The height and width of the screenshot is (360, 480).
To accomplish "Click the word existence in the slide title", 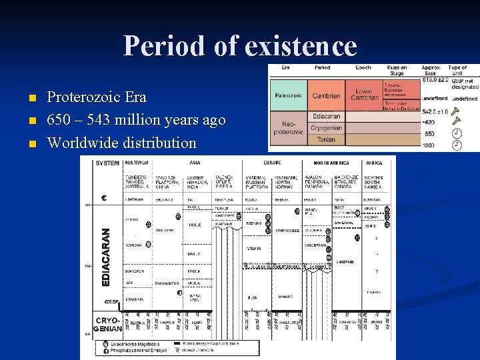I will coord(301,46).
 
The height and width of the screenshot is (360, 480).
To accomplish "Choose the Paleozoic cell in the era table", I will coord(288,95).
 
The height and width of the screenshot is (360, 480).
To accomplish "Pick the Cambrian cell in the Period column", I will coord(326,95).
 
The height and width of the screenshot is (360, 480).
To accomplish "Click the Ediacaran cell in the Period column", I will coord(327,115).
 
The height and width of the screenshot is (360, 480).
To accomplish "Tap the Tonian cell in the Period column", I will coord(327,139).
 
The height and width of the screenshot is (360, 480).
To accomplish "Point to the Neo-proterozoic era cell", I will coord(288,128).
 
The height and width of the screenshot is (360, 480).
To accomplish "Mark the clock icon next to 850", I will coord(457,133).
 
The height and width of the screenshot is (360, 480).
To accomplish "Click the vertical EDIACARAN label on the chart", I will coord(105,257).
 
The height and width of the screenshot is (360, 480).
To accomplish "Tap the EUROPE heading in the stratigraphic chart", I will coord(272,162).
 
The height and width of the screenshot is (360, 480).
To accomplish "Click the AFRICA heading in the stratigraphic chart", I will coord(375,162).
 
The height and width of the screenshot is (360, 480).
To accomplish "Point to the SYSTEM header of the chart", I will coord(107,163).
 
